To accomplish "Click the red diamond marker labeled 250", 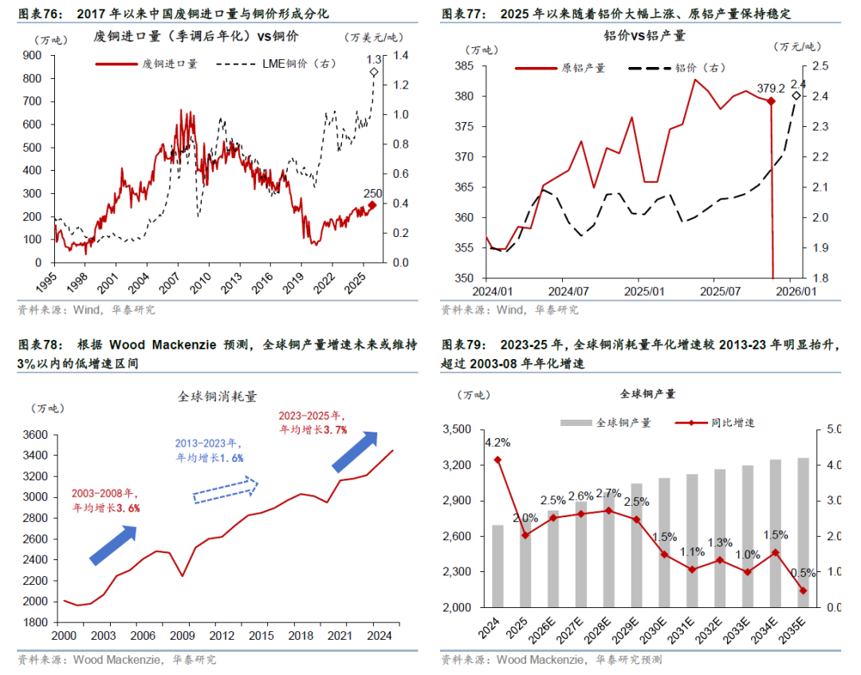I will [x=372, y=205].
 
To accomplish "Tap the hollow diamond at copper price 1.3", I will [x=375, y=73].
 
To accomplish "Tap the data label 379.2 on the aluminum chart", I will [x=771, y=89].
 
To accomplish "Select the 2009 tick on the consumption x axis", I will [x=183, y=636].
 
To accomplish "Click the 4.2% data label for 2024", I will [x=497, y=442].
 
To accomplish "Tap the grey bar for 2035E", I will [x=803, y=532].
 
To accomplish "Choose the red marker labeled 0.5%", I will [x=803, y=590].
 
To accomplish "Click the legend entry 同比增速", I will [x=733, y=423].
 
